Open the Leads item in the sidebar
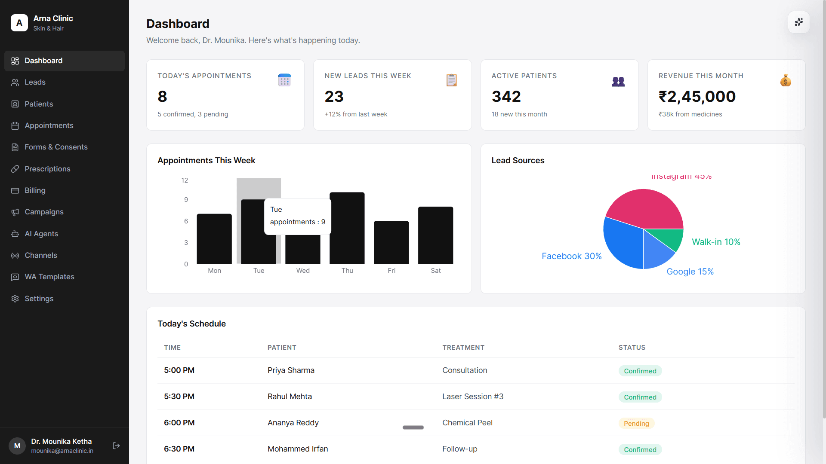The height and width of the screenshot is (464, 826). point(35,82)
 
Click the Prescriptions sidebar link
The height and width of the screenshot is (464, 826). point(47,169)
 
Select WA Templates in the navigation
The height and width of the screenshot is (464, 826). point(49,277)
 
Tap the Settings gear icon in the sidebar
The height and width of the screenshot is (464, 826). point(15,299)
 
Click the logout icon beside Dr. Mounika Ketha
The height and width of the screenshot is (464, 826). point(116,446)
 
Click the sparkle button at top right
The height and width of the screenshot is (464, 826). point(798,22)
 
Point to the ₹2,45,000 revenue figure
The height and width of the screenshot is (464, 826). point(697,97)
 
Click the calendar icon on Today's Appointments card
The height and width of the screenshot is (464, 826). point(284,80)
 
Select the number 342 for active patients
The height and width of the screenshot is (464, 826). point(506,97)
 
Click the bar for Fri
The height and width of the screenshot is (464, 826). point(391,242)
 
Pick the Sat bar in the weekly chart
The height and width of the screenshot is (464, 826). point(435,235)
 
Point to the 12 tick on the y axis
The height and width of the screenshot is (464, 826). point(185,180)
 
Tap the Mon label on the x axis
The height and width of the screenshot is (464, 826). point(214,271)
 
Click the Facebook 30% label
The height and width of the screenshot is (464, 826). point(571,256)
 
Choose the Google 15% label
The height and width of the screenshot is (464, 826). point(690,272)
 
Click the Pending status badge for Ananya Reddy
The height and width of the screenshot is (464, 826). point(636,424)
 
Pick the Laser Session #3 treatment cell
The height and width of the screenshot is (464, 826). point(472,397)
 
